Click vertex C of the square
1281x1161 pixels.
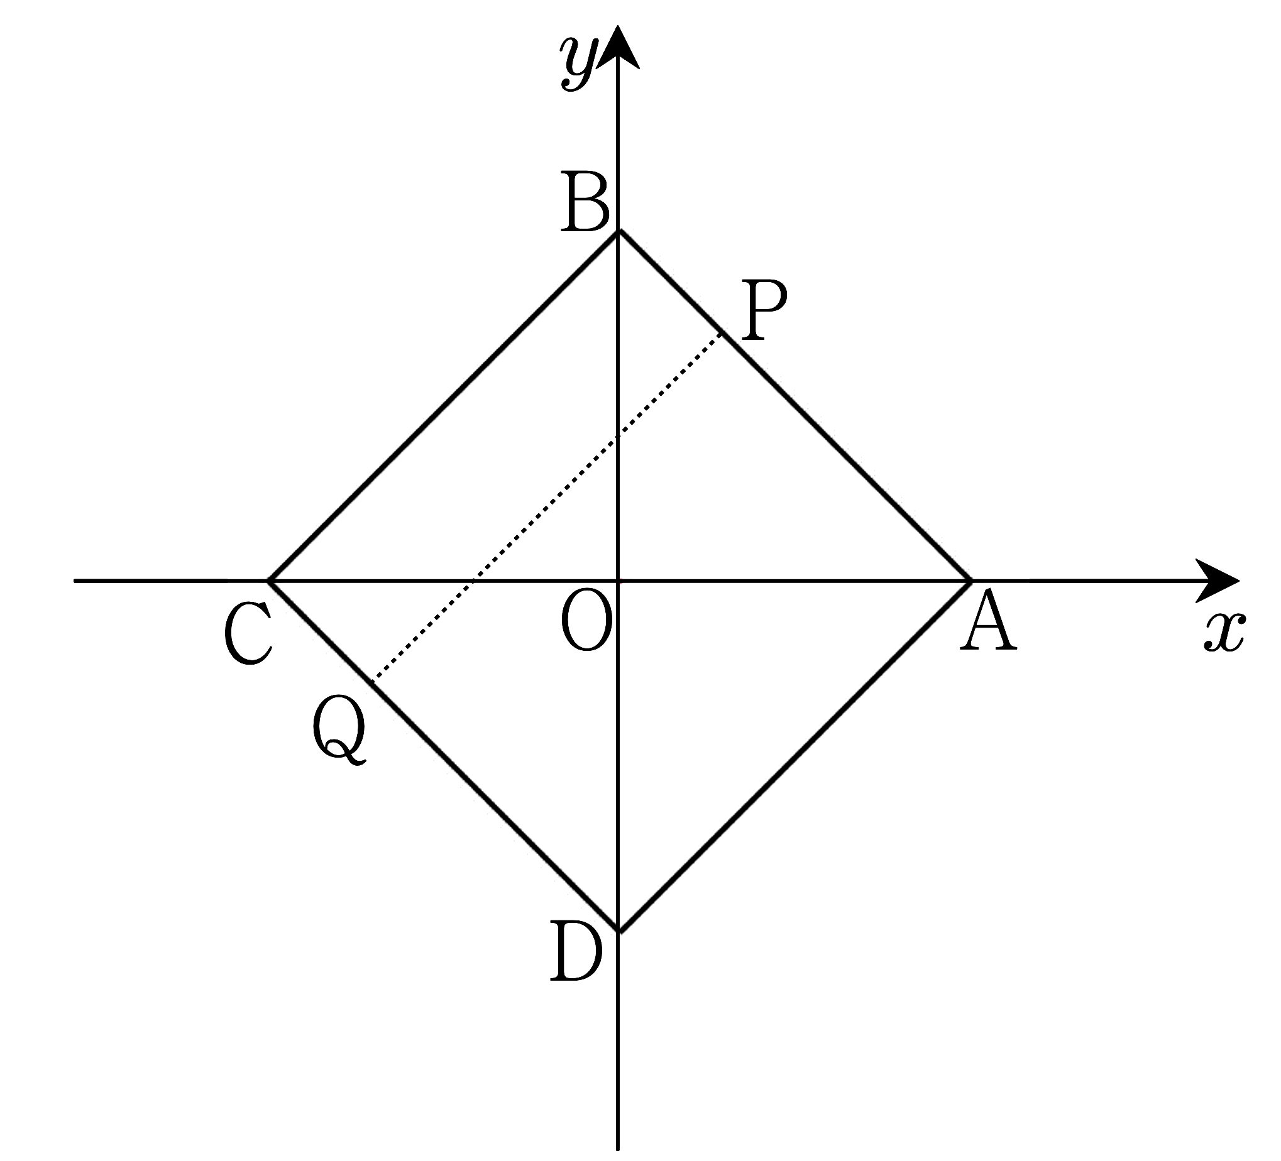[x=269, y=580]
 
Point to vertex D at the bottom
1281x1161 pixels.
[x=619, y=932]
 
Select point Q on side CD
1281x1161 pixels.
[x=371, y=683]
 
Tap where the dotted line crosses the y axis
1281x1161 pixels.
[x=618, y=437]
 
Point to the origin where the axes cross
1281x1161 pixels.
[x=618, y=580]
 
